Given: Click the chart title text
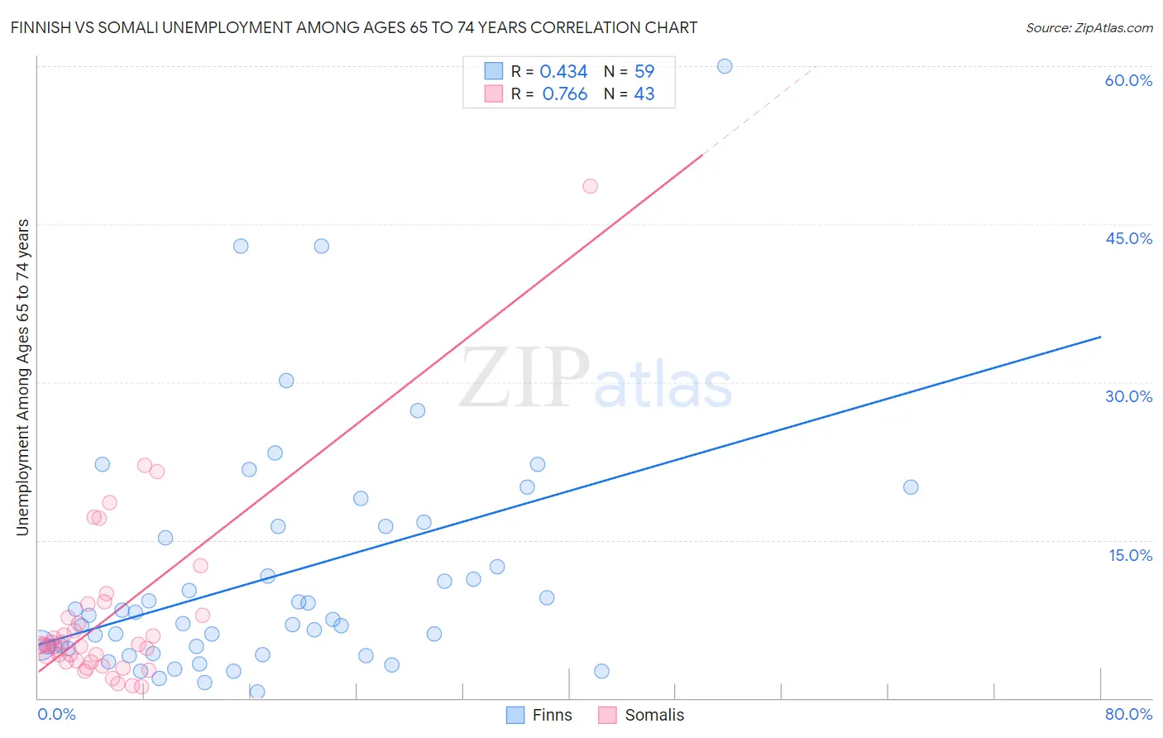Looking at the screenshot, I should click(354, 28).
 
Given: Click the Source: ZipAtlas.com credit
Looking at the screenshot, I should click(1089, 28).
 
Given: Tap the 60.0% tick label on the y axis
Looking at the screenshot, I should click(1128, 80).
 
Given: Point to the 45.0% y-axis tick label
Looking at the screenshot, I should click(1128, 238).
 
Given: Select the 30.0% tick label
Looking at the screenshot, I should click(1128, 396).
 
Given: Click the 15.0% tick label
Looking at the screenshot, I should click(1130, 555).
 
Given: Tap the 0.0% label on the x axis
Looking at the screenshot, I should click(56, 714).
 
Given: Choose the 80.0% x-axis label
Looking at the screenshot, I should click(1128, 714).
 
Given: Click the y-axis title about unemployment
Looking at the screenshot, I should click(23, 377).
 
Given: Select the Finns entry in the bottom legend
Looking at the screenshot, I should click(552, 715).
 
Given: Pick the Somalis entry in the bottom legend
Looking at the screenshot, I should click(654, 715).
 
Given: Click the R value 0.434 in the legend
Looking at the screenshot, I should click(563, 72).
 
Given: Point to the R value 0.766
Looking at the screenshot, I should click(565, 94).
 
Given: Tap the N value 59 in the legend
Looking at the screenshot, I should click(644, 72).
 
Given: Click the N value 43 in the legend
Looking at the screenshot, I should click(644, 94).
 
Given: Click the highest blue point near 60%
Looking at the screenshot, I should click(725, 66).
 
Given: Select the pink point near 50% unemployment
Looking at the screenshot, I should click(590, 186).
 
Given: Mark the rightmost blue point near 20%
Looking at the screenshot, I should click(911, 487).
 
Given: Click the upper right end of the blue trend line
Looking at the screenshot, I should click(1099, 338).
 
